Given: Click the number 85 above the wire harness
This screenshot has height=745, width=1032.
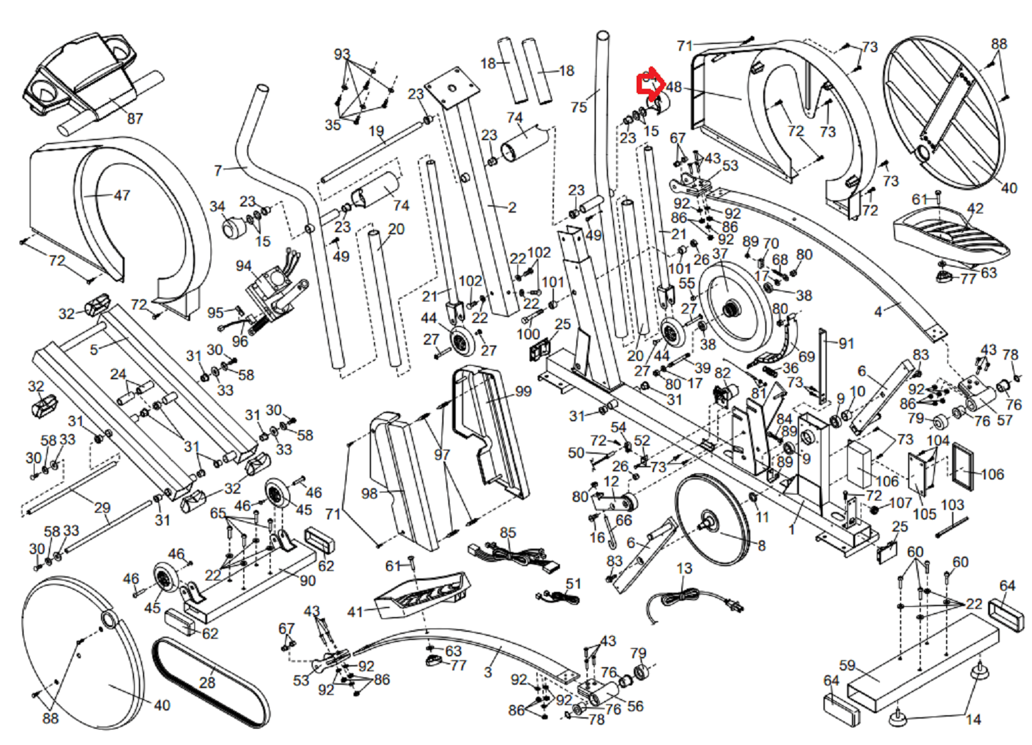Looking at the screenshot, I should [508, 532].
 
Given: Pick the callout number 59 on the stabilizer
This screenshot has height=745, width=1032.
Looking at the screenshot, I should [847, 665].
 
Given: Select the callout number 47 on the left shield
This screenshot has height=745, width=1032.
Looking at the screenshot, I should [121, 195].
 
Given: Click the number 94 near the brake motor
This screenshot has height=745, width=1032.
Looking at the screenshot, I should [244, 266].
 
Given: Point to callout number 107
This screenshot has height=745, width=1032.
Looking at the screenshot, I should [900, 503].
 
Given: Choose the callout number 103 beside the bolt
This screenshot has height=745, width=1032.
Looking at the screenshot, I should [952, 505].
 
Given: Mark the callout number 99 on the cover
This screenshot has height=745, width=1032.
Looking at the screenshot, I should [523, 391].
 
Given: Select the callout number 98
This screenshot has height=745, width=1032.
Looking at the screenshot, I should [369, 493].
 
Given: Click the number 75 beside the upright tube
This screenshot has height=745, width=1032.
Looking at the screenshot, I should [578, 107].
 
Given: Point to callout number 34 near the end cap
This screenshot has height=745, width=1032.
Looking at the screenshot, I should [217, 206].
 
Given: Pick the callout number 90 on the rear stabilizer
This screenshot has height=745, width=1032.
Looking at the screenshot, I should [307, 580].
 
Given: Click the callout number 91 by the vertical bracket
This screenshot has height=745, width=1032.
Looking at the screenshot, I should [846, 343].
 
